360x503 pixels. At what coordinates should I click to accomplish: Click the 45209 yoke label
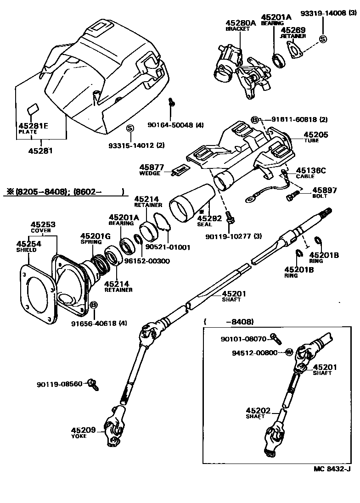click(83, 430)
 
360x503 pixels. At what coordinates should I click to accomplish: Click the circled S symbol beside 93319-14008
click(322, 39)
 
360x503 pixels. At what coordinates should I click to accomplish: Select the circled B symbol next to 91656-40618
click(93, 305)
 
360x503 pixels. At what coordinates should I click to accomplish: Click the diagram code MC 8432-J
click(332, 469)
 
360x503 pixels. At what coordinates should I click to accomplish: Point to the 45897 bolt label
click(325, 190)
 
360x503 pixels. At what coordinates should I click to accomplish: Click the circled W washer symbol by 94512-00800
click(289, 352)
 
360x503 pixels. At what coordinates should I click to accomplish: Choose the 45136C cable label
click(310, 171)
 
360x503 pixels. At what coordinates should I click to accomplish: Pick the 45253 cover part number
click(43, 224)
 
